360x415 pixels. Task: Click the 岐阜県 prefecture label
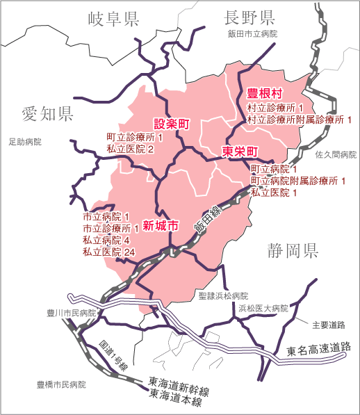114,19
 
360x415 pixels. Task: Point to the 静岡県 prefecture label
293,251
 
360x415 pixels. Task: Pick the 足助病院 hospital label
25,142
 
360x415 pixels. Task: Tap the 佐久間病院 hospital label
336,154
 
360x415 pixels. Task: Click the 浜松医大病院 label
263,307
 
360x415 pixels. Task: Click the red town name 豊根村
265,93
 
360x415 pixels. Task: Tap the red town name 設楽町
171,124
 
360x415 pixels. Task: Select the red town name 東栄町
240,151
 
